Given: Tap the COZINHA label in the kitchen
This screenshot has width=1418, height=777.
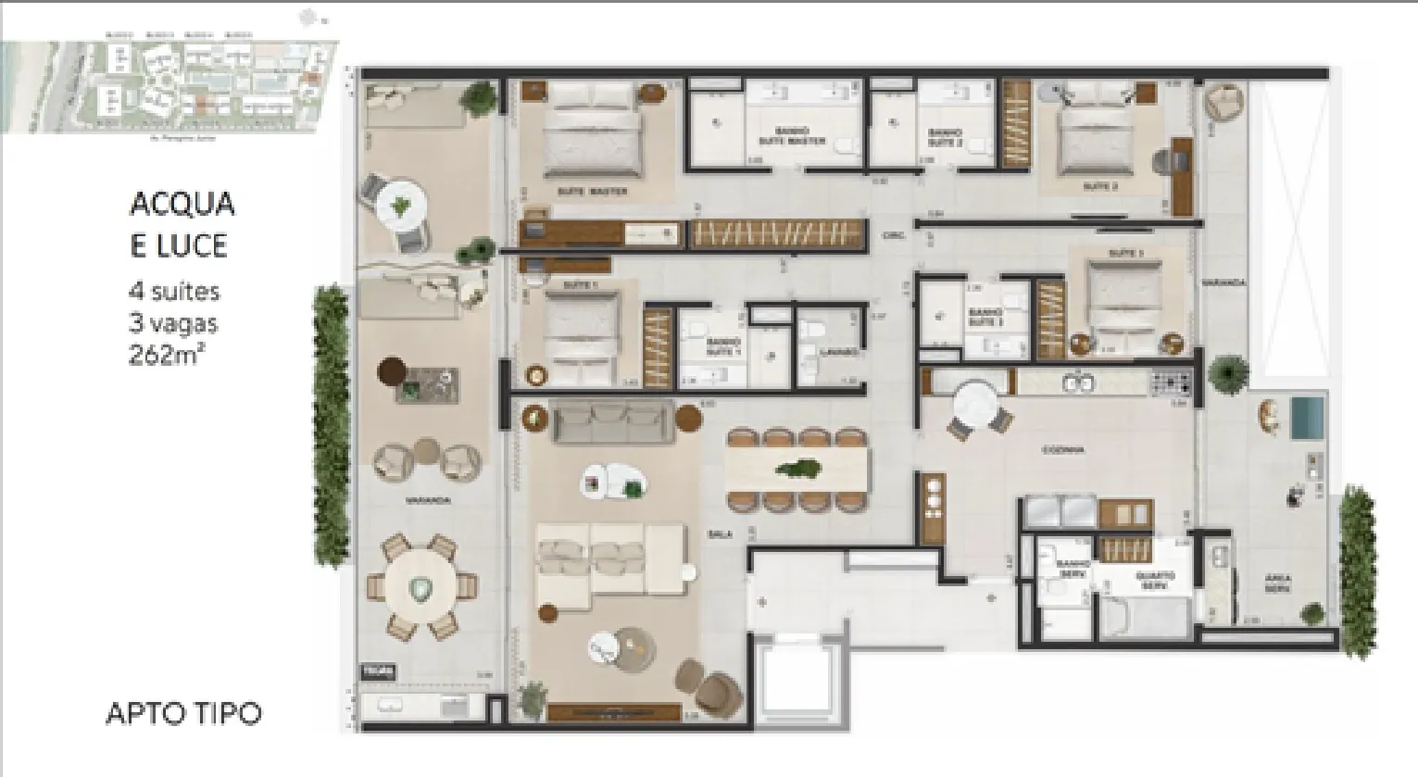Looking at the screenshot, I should (x=1062, y=450).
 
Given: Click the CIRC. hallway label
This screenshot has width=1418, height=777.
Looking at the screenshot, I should (x=893, y=236).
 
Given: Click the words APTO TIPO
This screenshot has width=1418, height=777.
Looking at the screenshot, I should (x=183, y=713).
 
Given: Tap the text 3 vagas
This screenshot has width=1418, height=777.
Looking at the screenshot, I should (x=173, y=323).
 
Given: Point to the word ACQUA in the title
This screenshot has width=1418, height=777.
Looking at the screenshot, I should (x=182, y=204).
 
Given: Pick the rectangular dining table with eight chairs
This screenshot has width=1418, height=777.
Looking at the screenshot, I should (x=797, y=469).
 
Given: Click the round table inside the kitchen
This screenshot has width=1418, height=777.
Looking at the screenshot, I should (x=978, y=404).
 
